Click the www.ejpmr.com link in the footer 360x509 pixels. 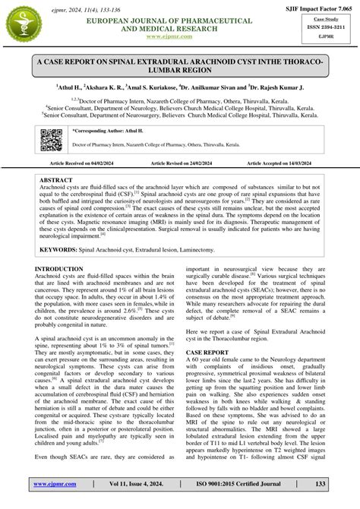click(x=52, y=483)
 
